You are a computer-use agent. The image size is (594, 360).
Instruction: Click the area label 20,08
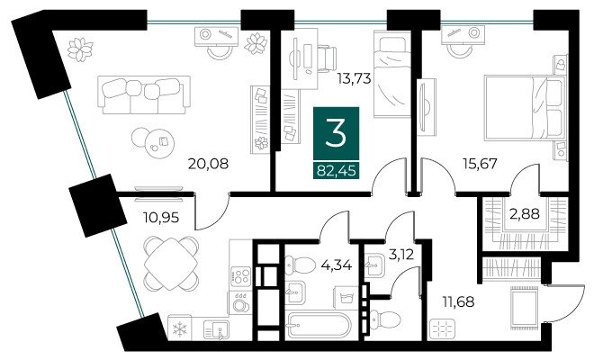pyautogui.click(x=208, y=164)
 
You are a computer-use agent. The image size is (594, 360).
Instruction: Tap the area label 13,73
pyautogui.click(x=354, y=78)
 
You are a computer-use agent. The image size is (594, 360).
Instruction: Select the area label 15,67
pyautogui.click(x=480, y=164)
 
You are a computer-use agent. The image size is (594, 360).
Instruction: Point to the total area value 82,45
pyautogui.click(x=336, y=171)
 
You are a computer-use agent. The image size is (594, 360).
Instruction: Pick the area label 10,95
pyautogui.click(x=160, y=218)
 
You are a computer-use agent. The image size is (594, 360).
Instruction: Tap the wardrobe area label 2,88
pyautogui.click(x=525, y=214)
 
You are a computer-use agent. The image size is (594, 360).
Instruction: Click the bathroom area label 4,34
pyautogui.click(x=337, y=264)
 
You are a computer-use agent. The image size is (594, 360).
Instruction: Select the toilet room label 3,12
pyautogui.click(x=401, y=255)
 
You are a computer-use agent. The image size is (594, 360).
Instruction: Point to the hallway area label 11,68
pyautogui.click(x=458, y=302)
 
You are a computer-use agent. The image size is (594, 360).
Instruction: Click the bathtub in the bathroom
pyautogui.click(x=319, y=325)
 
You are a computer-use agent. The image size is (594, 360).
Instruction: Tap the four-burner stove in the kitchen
pyautogui.click(x=240, y=276)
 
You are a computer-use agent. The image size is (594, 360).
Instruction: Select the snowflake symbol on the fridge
pyautogui.click(x=179, y=328)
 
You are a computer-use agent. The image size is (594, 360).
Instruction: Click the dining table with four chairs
pyautogui.click(x=171, y=264)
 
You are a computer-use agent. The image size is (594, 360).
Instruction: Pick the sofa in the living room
pyautogui.click(x=144, y=94)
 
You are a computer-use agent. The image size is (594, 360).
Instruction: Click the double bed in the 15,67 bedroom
pyautogui.click(x=524, y=108)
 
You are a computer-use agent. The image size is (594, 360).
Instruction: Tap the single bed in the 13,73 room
pyautogui.click(x=392, y=75)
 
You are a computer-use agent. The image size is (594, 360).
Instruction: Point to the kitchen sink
pyautogui.click(x=216, y=328)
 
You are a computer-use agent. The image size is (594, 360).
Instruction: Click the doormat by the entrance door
pyautogui.click(x=523, y=307)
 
